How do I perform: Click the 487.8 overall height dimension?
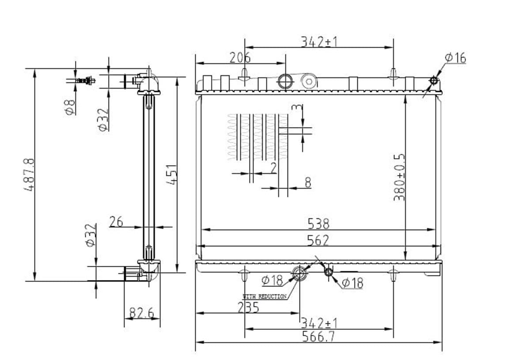29,174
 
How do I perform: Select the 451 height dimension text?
171,174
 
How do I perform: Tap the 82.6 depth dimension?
141,313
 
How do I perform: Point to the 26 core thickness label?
116,222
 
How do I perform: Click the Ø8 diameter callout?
70,107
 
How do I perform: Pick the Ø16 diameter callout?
455,58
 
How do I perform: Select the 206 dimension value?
240,58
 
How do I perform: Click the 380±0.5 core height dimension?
399,178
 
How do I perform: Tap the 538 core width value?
318,224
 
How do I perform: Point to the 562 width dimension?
318,240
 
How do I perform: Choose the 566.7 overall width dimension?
318,337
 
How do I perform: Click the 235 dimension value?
248,307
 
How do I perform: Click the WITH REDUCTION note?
265,296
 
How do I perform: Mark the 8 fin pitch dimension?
308,182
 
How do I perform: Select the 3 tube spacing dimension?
297,108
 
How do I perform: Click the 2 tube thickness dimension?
273,168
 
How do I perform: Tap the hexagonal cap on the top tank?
309,81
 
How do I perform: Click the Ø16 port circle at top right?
433,80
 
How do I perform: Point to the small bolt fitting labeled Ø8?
85,81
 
